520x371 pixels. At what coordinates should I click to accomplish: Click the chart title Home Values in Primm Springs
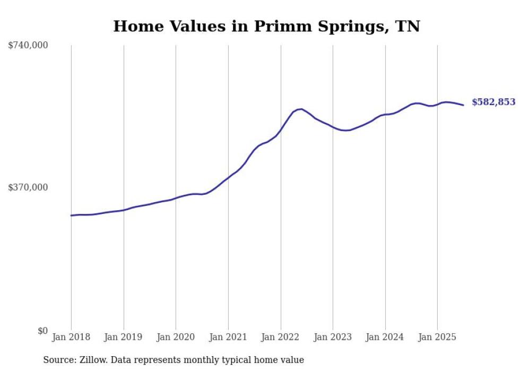click(266, 26)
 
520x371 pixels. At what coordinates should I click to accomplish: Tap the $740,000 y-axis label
click(28, 46)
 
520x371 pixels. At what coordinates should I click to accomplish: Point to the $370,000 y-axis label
click(28, 187)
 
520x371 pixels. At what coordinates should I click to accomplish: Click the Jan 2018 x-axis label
click(71, 337)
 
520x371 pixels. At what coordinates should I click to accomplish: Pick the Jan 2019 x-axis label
click(124, 337)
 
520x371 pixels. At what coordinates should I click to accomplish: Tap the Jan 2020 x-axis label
click(176, 337)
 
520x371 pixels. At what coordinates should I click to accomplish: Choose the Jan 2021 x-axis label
click(228, 337)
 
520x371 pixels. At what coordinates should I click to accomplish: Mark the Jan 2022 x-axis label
click(281, 337)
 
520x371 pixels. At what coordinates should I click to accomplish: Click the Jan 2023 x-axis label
click(333, 337)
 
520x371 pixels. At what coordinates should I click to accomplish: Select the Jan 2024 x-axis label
click(385, 337)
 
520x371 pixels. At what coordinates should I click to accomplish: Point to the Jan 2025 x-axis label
click(437, 337)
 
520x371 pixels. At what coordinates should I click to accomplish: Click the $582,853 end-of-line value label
click(493, 102)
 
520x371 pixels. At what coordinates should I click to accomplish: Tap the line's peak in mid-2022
click(301, 109)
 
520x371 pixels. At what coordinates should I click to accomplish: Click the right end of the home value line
click(463, 105)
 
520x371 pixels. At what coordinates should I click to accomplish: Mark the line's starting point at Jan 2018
click(71, 215)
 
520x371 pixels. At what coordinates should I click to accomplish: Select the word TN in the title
click(409, 26)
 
